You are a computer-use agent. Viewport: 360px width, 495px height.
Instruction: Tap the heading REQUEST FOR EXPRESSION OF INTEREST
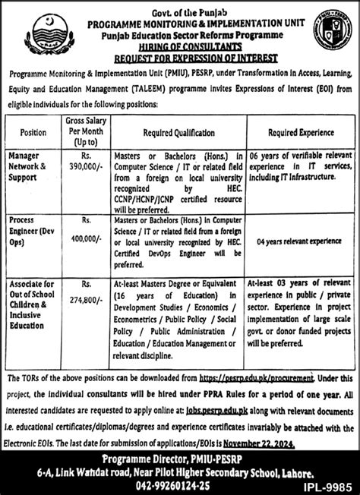pos(180,58)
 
